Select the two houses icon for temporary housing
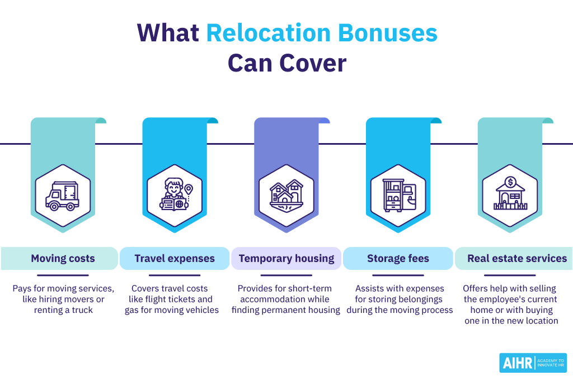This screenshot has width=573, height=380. [x=286, y=196]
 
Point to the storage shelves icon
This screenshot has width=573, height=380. [x=398, y=195]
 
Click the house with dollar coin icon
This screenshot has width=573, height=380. [x=510, y=194]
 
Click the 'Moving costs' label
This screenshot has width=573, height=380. [x=63, y=259]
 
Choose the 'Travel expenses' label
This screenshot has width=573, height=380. [x=175, y=259]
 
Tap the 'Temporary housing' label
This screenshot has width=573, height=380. [x=286, y=259]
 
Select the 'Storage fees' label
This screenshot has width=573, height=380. [x=398, y=259]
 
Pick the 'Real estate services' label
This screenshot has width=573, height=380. [x=517, y=259]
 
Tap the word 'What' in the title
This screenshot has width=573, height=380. [x=168, y=34]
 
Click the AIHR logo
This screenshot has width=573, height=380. [x=532, y=363]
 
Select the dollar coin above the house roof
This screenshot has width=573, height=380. [x=510, y=182]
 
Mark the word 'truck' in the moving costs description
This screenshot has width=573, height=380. [x=82, y=310]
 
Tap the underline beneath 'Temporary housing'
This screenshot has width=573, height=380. [x=286, y=275]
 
